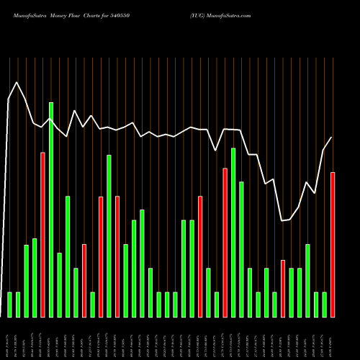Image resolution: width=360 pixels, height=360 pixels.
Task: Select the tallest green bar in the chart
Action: tap(51, 209)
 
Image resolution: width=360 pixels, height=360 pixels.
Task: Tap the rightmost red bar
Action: tap(333, 245)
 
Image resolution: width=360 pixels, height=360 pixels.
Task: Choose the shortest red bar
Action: tap(283, 288)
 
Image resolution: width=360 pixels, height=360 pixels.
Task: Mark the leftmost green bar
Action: tap(9, 304)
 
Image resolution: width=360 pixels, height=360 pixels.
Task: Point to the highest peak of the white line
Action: tap(17, 82)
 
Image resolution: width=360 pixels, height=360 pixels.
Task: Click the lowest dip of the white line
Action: tap(282, 220)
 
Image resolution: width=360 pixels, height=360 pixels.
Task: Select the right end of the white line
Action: tap(332, 138)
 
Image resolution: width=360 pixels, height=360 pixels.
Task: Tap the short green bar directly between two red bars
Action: tap(217, 304)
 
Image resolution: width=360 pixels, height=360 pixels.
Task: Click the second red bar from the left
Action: tap(84, 280)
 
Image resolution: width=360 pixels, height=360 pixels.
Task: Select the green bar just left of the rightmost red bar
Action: tap(324, 304)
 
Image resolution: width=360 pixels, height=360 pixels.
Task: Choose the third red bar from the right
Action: tap(225, 242)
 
